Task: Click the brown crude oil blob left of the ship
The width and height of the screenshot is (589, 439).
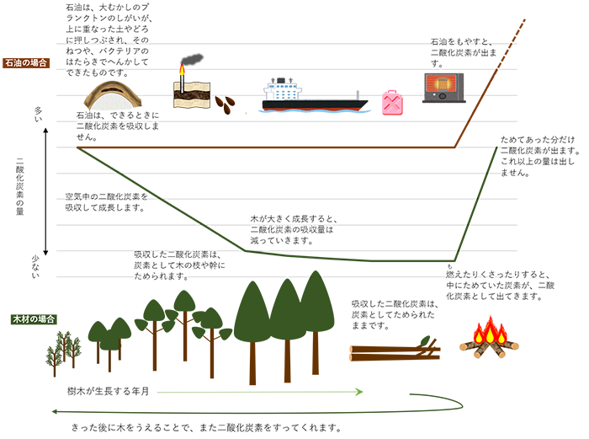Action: pyautogui.click(x=226, y=106)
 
